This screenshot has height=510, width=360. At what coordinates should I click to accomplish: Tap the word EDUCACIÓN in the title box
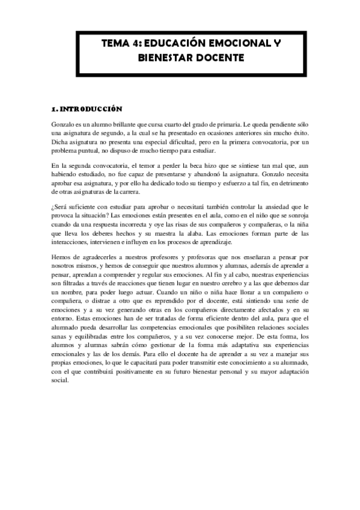(174, 44)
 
